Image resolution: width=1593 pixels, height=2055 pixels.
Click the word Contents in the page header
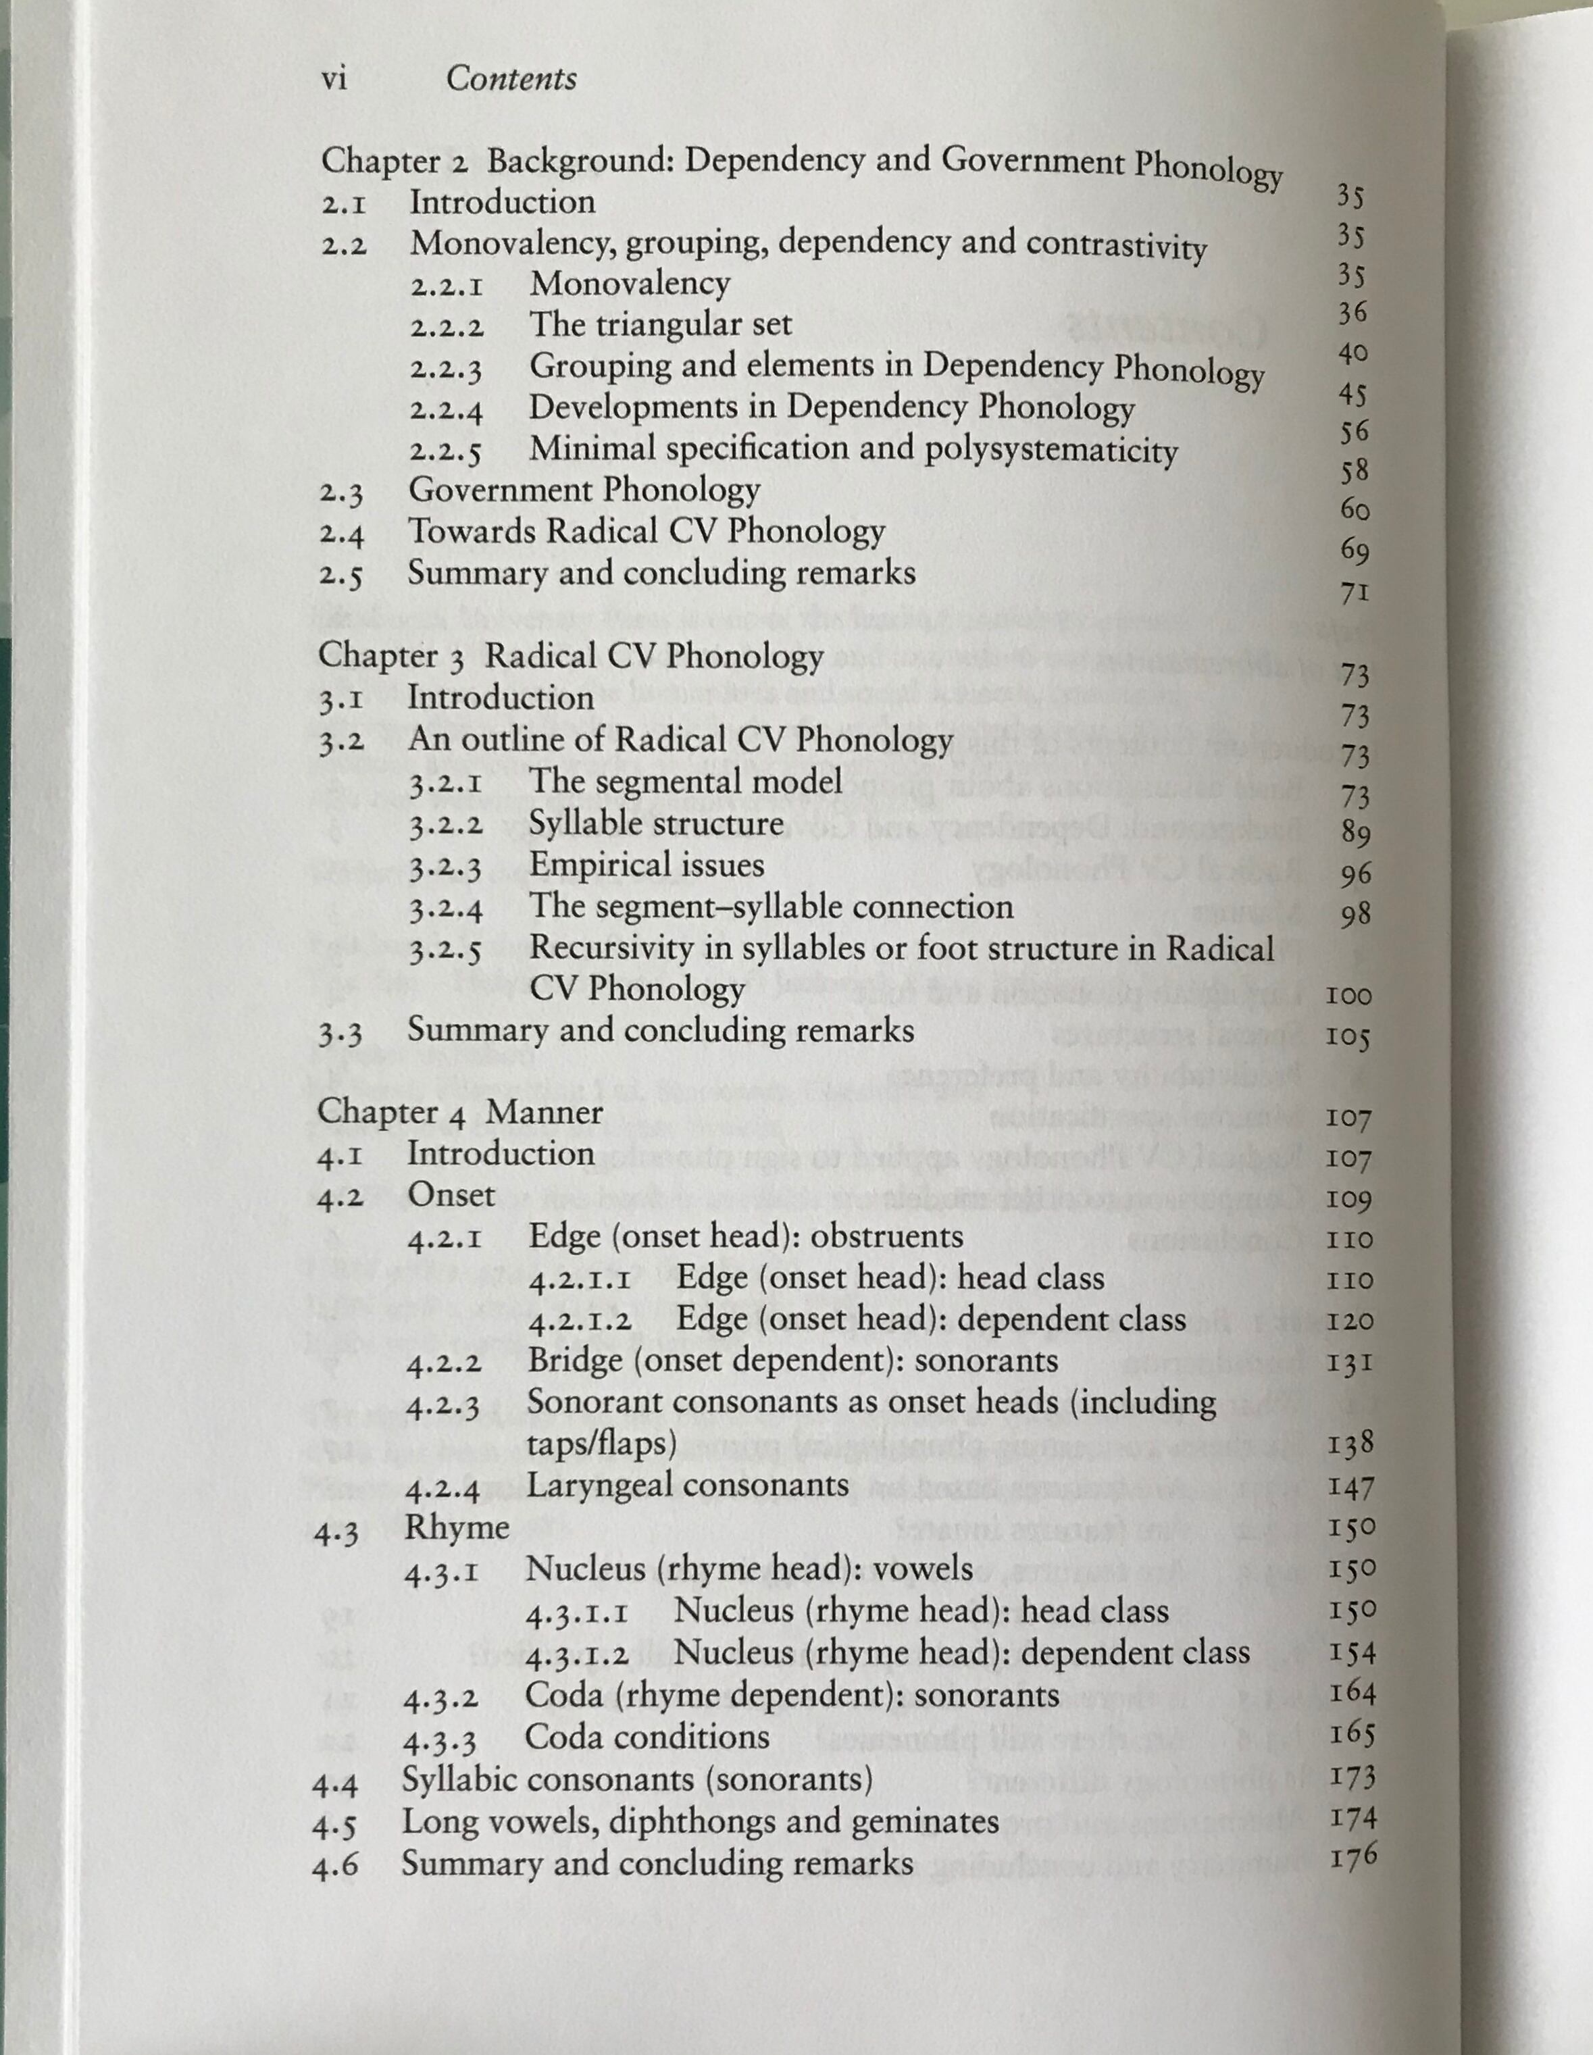(x=511, y=79)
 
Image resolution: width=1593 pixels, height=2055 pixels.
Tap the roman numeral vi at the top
(x=334, y=79)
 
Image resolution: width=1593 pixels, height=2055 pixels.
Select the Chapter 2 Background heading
(x=800, y=166)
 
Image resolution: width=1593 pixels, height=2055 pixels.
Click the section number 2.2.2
(x=447, y=328)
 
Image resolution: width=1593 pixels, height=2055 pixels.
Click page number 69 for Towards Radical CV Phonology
(x=1354, y=549)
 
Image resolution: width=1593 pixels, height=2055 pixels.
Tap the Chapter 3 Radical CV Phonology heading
(x=570, y=656)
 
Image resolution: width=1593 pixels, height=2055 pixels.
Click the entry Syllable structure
(x=656, y=823)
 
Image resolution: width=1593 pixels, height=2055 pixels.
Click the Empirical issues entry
(x=647, y=865)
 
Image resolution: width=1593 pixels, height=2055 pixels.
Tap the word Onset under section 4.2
(x=451, y=1195)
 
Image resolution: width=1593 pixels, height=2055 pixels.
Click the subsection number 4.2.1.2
(x=579, y=1322)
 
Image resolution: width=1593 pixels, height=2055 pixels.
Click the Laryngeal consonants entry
(x=688, y=1486)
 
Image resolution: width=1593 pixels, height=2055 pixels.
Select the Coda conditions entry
(x=647, y=1737)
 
